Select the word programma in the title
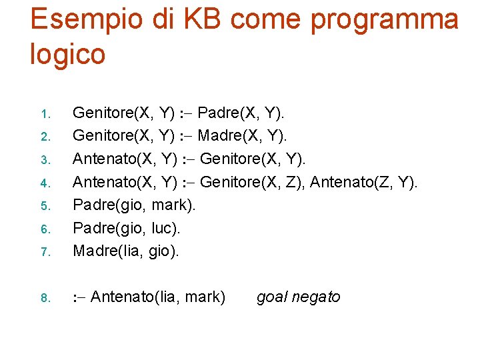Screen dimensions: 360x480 pos(385,20)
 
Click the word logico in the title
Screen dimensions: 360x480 pos(67,53)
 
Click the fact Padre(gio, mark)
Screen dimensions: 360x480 pos(134,205)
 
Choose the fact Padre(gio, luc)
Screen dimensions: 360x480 pos(127,228)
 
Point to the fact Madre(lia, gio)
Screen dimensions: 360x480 pos(126,251)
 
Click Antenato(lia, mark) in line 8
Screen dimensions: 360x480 pos(157,297)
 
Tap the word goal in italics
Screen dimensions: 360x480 pos(272,297)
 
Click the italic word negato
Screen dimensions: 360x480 pos(316,297)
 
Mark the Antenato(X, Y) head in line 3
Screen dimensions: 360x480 pos(125,159)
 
